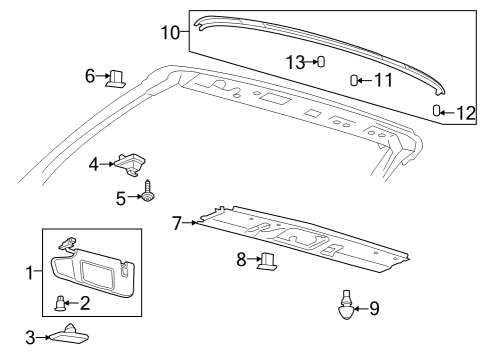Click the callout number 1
coord(30,270)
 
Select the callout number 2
coord(86,302)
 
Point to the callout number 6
coord(89,75)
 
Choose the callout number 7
coord(177,222)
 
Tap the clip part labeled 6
coord(117,77)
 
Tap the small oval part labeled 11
coord(354,80)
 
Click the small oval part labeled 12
coord(437,110)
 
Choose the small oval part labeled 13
coord(321,62)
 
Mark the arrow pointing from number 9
coord(358,309)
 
